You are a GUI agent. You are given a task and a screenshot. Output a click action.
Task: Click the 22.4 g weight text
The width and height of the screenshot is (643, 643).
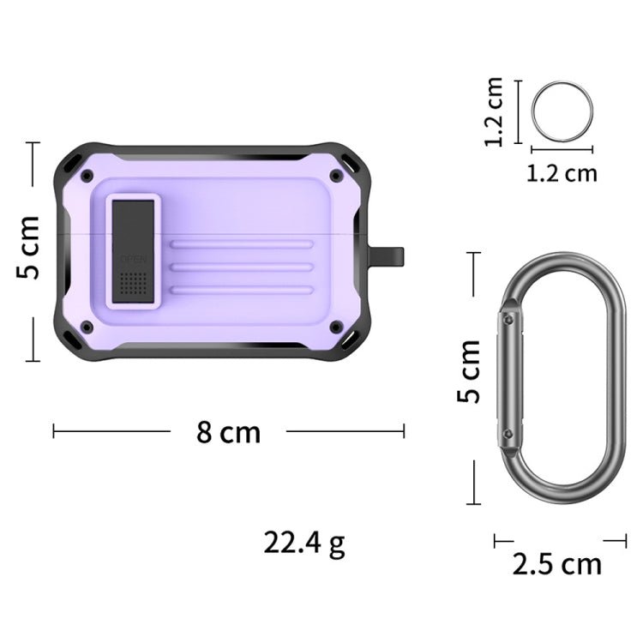coord(304,543)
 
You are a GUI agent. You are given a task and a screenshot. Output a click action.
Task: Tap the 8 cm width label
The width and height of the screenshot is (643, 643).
coord(228,431)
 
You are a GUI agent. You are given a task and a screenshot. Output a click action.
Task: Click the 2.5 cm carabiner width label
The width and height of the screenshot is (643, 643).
coord(557,564)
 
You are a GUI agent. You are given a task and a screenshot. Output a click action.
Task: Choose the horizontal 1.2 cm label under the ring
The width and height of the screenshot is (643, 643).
coord(562,172)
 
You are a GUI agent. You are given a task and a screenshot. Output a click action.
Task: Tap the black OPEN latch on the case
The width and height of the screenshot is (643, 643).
coord(134,249)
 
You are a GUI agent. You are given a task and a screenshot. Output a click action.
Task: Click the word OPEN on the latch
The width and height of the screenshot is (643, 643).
coord(134,258)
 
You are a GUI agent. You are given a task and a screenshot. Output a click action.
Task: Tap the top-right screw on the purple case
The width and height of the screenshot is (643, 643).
coord(336,175)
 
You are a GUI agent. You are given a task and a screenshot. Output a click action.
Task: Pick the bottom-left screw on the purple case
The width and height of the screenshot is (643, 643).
coord(87,327)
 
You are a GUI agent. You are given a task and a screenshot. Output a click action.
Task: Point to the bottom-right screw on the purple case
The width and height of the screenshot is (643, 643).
coord(336,327)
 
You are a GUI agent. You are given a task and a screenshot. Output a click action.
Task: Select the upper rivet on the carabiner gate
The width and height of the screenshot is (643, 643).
coord(509,319)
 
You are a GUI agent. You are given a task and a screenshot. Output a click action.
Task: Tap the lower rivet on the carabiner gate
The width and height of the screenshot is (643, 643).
coord(509,435)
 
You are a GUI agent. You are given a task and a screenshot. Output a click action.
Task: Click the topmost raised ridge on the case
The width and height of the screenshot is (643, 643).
coord(241,244)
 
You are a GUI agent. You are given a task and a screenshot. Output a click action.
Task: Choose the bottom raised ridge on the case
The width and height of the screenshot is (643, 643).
coord(241,291)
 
